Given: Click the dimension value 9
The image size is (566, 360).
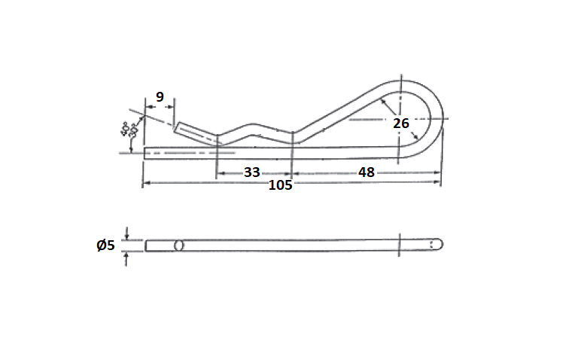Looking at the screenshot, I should click(160, 96).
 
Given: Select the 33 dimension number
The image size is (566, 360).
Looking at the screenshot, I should click(252, 172).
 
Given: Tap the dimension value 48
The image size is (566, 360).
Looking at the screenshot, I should click(367, 172).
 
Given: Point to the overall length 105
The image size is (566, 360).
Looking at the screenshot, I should click(280, 185).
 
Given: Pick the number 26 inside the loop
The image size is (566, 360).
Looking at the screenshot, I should click(401, 124).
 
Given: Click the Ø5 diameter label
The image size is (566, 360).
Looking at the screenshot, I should click(105, 245).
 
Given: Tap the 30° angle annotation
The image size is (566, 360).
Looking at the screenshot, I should click(134, 130).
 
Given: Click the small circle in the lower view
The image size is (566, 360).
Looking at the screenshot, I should click(179, 246).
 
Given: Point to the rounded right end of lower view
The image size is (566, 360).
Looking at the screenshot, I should click(441, 245).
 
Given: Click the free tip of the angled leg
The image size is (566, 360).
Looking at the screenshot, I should click(177, 127).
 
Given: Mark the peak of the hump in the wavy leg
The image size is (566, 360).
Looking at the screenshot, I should click(253, 124).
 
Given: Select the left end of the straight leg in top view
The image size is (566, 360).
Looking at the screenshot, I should click(145, 152).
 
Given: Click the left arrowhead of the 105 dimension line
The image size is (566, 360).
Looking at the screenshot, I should click(145, 183).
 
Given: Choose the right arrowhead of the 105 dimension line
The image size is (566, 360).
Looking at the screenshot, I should click(440, 183).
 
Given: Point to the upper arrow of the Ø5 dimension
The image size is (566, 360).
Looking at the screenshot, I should click(127, 236).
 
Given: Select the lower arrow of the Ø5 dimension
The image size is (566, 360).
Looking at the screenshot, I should click(127, 255).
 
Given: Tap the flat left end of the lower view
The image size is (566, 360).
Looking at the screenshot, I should click(146, 246).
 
